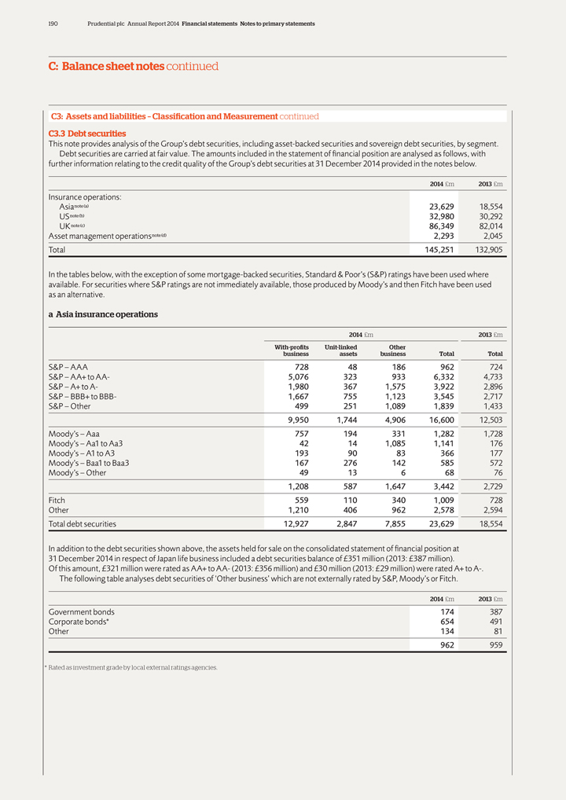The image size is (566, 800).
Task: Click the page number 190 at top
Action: click(53, 24)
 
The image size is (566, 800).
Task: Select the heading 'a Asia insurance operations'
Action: click(103, 314)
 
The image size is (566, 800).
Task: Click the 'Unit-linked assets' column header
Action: click(341, 350)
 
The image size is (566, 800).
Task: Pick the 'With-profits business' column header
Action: click(292, 350)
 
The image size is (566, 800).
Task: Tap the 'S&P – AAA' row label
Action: click(68, 367)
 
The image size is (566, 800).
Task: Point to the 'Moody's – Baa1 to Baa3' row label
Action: click(89, 463)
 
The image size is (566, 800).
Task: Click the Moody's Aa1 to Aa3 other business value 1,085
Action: click(392, 444)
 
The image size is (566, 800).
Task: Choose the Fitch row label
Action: click(57, 499)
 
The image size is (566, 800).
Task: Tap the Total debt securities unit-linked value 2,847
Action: click(342, 523)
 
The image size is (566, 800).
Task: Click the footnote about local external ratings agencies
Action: click(131, 668)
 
